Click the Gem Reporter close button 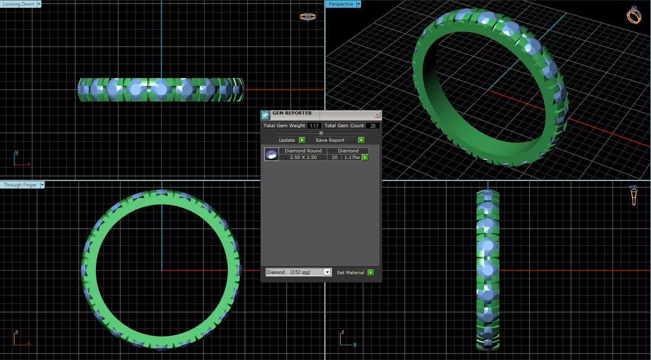click(377, 115)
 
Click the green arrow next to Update click(302, 140)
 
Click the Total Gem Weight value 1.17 click(314, 126)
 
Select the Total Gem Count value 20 click(372, 126)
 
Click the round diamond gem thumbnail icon click(271, 154)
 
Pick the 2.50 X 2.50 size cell click(303, 157)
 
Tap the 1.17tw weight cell click(352, 157)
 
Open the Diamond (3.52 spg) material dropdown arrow click(327, 272)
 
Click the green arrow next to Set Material click(370, 273)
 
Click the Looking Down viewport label click(18, 4)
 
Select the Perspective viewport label click(341, 4)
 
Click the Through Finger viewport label click(20, 185)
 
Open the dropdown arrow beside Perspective click(359, 4)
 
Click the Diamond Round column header click(303, 151)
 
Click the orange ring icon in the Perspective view click(634, 15)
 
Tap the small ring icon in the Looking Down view click(307, 17)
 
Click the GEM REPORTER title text click(292, 113)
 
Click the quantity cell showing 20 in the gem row click(335, 157)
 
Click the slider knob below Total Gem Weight click(321, 133)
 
